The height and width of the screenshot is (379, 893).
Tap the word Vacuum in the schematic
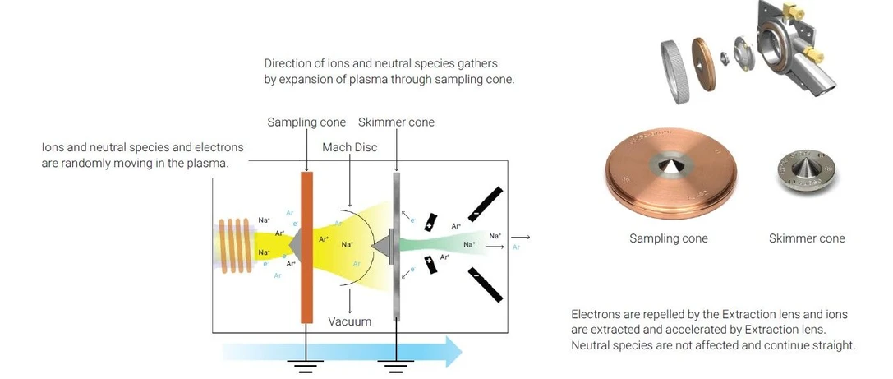click(349, 321)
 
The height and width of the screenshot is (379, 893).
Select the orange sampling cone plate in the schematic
click(307, 247)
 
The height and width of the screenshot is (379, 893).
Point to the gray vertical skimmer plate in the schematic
click(397, 247)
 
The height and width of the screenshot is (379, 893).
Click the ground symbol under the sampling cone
click(306, 366)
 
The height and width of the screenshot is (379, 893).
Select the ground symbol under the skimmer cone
click(397, 366)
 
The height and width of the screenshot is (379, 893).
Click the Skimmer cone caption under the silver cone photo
click(806, 238)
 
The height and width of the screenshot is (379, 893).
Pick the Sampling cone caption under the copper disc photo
click(668, 238)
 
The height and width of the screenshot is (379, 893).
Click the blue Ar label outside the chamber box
click(516, 246)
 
